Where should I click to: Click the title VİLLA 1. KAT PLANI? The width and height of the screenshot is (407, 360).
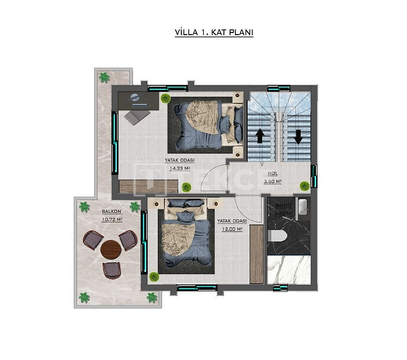click(x=214, y=33)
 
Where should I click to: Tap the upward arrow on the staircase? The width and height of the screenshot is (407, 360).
click(x=259, y=136)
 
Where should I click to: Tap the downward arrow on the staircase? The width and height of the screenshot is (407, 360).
click(x=298, y=136)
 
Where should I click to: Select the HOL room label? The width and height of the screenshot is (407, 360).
click(x=273, y=174)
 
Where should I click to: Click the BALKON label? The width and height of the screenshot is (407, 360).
click(x=112, y=211)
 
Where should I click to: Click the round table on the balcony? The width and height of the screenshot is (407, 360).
click(x=111, y=250)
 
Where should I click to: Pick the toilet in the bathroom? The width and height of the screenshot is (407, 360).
click(x=277, y=236)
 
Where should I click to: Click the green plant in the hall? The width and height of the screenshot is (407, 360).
click(x=304, y=186)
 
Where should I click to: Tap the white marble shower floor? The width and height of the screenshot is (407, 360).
click(x=288, y=270)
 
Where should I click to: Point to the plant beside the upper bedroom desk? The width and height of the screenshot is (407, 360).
click(x=165, y=98)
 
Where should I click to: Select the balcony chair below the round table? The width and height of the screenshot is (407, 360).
click(x=112, y=269)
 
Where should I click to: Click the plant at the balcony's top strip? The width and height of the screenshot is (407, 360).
click(x=104, y=78)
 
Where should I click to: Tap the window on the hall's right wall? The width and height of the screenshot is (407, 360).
click(x=314, y=176)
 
